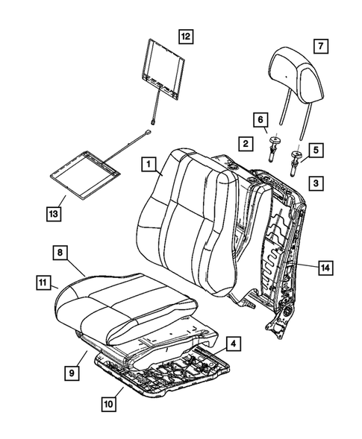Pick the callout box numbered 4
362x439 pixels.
click(x=234, y=344)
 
